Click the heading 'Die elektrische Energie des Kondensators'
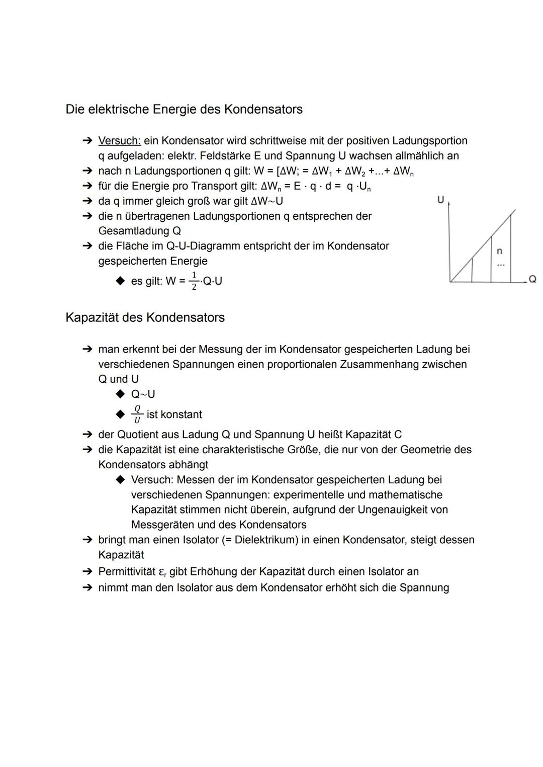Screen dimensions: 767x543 coord(184,109)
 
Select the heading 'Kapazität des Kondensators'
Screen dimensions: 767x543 coord(145,317)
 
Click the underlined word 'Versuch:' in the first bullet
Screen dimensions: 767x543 coord(119,141)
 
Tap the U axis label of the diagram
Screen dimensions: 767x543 coord(440,200)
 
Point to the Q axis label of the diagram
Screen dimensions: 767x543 coord(532,279)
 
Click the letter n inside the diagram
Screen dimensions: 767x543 coord(499,250)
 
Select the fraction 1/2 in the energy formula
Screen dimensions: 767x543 coord(194,281)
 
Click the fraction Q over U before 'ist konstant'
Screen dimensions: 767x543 coord(137,414)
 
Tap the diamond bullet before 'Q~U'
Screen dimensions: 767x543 coord(120,394)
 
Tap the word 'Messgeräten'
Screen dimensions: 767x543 coord(162,525)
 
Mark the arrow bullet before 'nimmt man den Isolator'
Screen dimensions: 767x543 coord(87,587)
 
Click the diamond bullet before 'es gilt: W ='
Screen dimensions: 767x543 coord(120,281)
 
